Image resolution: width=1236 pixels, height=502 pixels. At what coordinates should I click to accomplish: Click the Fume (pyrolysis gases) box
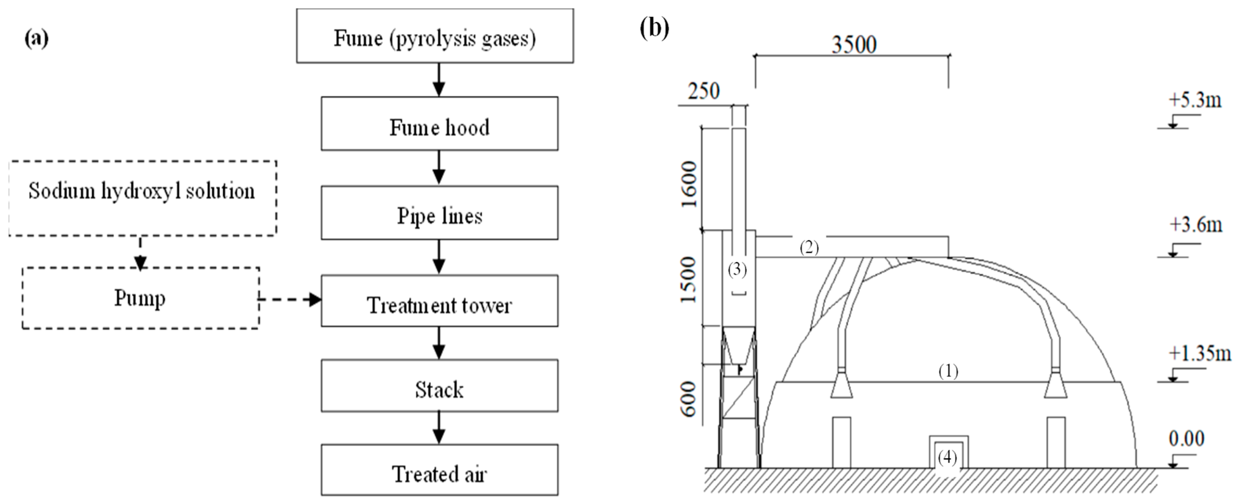(x=434, y=36)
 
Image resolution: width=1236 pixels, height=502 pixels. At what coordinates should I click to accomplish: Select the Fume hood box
(x=439, y=124)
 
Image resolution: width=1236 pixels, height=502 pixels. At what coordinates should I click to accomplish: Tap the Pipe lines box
(x=439, y=213)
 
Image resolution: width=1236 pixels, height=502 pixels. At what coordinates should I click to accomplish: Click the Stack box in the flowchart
(x=439, y=386)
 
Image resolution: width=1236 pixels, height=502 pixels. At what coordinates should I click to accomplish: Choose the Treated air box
(x=439, y=470)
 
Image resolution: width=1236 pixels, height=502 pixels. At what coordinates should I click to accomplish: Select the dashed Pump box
(x=140, y=298)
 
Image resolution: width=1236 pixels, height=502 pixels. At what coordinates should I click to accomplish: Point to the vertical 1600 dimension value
(x=690, y=184)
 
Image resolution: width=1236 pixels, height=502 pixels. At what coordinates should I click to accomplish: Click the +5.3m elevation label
(x=1195, y=100)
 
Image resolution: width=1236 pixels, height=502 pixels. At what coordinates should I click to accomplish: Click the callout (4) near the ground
(x=947, y=458)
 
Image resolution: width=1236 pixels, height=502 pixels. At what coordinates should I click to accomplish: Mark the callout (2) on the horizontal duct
(x=809, y=248)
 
